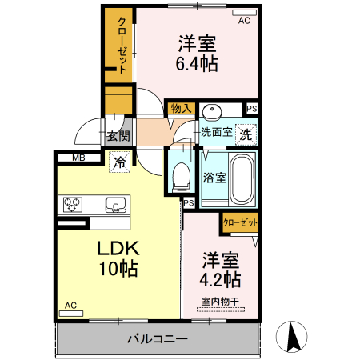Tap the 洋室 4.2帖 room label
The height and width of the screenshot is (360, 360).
tap(219, 270)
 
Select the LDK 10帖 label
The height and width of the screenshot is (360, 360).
tap(118, 258)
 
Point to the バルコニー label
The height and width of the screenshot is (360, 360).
tap(158, 339)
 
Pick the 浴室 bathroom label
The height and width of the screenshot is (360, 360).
tap(214, 178)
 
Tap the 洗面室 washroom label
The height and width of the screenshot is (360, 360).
tap(216, 133)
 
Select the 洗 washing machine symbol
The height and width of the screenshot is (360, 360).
tap(246, 135)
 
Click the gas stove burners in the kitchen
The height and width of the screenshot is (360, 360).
tap(74, 205)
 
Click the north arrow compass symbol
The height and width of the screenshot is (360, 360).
tap(293, 335)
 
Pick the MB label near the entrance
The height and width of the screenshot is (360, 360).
tap(78, 158)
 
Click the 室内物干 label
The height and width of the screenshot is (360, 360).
tap(220, 302)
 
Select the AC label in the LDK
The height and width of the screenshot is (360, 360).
tap(70, 306)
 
